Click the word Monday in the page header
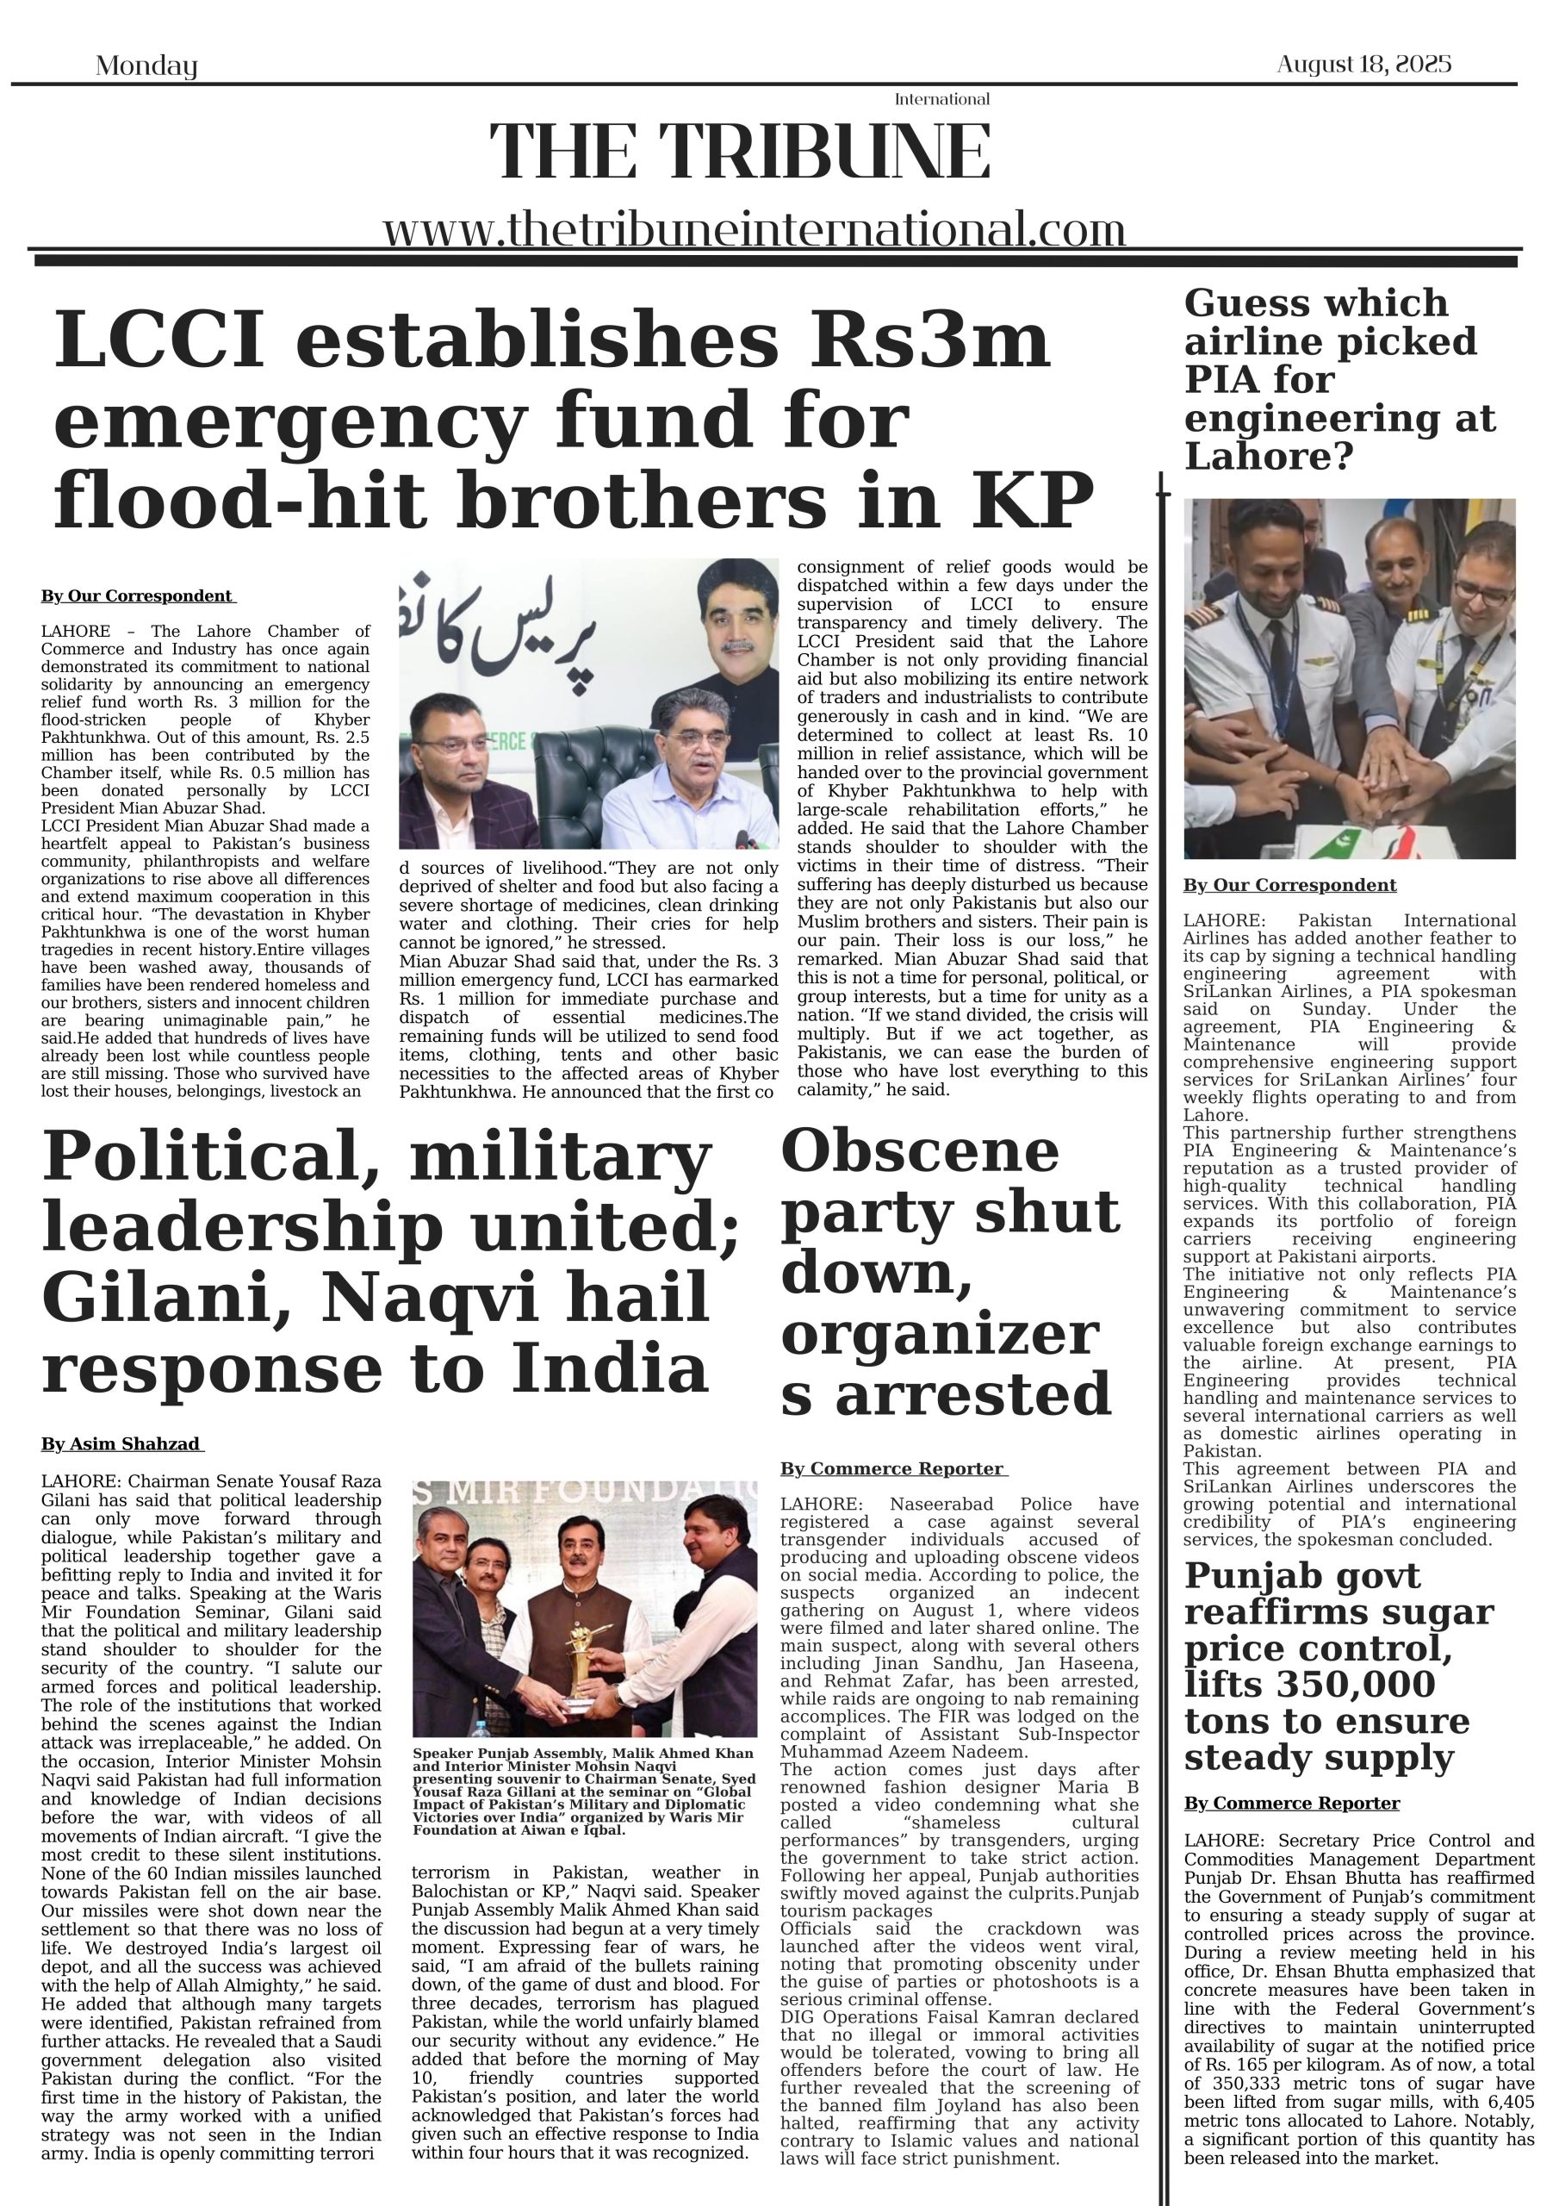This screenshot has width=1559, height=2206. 146,66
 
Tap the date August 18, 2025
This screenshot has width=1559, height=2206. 1363,65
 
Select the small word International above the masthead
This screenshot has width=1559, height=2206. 941,99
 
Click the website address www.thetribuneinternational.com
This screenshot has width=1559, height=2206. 753,231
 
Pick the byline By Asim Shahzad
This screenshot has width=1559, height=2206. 121,1444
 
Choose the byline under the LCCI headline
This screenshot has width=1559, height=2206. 137,596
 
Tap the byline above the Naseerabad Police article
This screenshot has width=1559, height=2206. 892,1469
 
